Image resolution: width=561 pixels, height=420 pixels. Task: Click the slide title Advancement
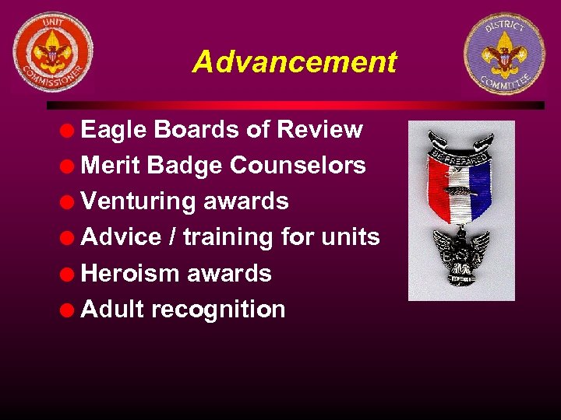(x=295, y=61)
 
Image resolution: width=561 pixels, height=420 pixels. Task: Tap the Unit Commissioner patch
(x=53, y=52)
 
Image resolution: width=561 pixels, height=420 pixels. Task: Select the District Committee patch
(x=504, y=53)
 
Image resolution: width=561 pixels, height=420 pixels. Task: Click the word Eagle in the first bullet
(x=114, y=130)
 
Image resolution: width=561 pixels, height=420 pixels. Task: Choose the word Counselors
(x=304, y=165)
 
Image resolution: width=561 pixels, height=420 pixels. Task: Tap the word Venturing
(x=138, y=201)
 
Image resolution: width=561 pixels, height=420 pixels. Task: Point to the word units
(x=350, y=236)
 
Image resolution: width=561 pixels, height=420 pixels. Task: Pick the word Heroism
(x=129, y=273)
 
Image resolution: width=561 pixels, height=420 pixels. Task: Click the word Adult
(x=112, y=309)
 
